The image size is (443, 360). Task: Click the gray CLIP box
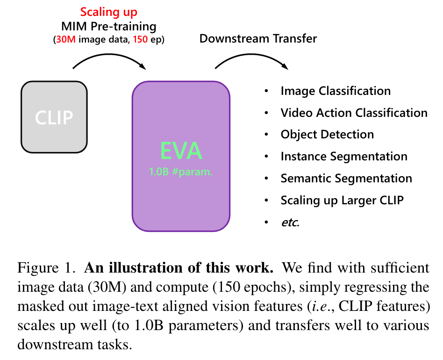[54, 117]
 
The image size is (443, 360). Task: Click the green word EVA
[181, 151]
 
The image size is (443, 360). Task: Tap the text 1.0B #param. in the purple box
[181, 172]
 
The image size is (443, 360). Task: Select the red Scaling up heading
[109, 12]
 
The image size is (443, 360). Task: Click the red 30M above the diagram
[66, 39]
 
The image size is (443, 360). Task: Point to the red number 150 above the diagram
[140, 39]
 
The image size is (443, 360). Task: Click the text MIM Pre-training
[109, 27]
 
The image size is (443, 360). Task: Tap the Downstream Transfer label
[258, 39]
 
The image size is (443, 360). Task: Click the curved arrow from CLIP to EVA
[109, 55]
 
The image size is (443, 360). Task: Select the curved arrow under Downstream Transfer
[251, 55]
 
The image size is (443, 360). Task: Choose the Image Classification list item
[336, 91]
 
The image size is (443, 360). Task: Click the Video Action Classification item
[354, 113]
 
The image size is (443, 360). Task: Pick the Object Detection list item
[327, 135]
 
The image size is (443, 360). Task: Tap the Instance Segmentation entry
[344, 156]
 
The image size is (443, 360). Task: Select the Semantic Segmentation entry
[346, 178]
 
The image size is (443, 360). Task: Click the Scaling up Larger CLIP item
[342, 201]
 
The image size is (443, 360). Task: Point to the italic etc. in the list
[290, 223]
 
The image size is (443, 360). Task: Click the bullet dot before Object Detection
[266, 135]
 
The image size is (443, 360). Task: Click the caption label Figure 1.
[46, 267]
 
